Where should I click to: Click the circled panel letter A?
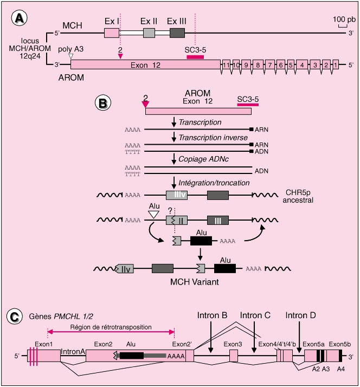click(20, 19)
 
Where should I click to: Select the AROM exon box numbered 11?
click(225, 64)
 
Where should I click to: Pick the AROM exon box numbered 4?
click(300, 64)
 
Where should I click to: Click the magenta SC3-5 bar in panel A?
click(195, 56)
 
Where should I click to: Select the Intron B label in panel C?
click(211, 314)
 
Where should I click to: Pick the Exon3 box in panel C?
click(233, 356)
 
